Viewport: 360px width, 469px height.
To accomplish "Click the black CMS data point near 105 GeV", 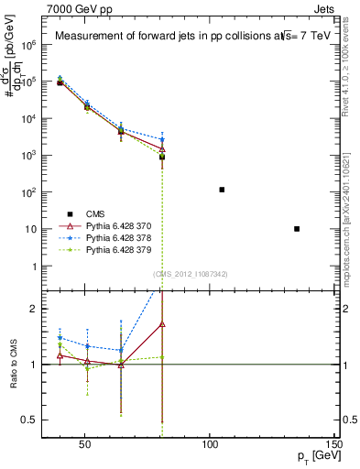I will tap(222, 190).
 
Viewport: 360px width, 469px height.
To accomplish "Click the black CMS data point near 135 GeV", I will tap(297, 228).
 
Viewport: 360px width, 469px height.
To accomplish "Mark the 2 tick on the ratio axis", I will tap(36, 309).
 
